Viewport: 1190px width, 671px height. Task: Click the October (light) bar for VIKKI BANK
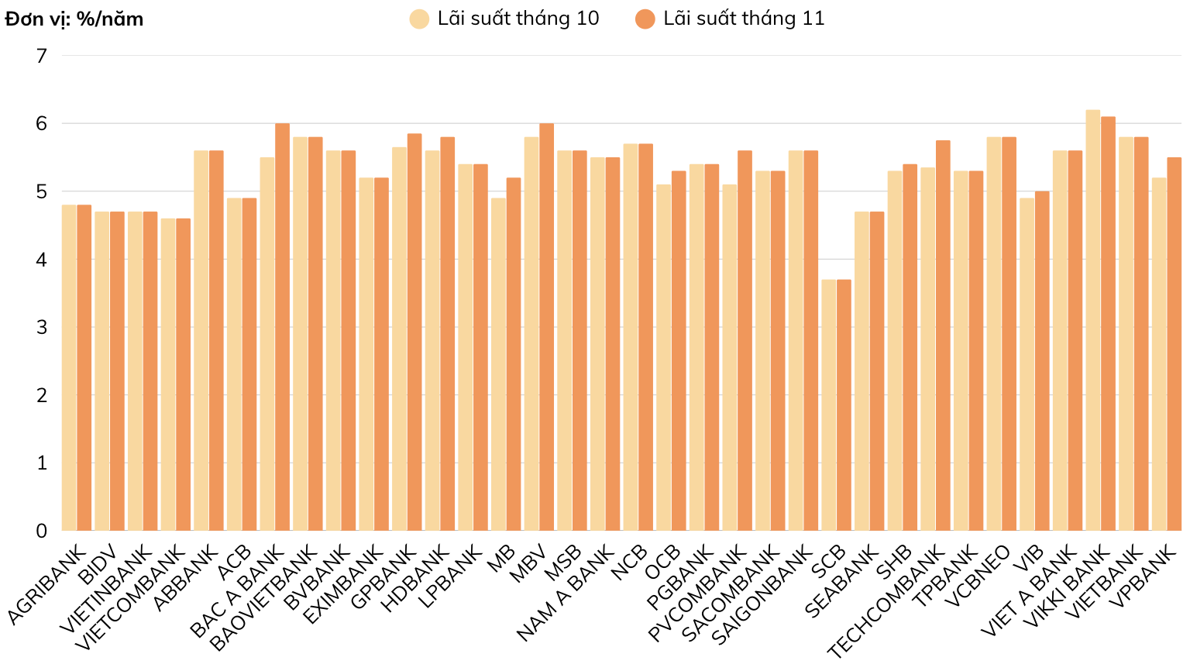[x=1092, y=321]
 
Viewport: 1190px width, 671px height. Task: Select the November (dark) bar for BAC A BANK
[x=283, y=327]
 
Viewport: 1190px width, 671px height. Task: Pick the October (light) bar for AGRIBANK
[x=69, y=368]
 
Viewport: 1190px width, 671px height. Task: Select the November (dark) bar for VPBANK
[x=1175, y=344]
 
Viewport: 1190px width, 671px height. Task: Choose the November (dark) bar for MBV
[x=547, y=327]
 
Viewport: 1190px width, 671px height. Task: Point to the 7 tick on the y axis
[x=41, y=55]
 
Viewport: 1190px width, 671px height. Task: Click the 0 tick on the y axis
[x=41, y=531]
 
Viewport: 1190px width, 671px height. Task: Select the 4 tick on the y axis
[x=41, y=260]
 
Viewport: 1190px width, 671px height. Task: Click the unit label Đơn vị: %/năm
[x=74, y=19]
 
